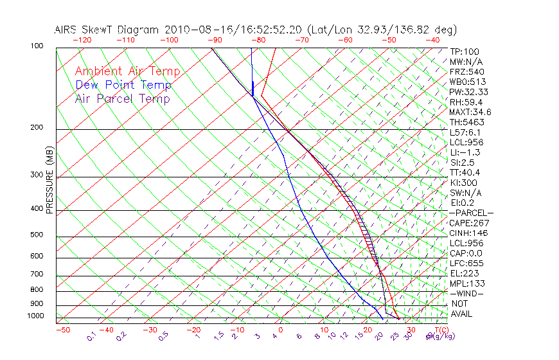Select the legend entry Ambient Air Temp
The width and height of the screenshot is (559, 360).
tap(127, 71)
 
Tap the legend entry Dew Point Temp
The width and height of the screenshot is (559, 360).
tap(123, 85)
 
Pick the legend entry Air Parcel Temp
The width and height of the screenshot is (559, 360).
tap(122, 98)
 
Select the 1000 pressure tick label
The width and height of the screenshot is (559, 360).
tap(37, 316)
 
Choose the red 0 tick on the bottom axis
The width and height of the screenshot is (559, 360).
tap(281, 330)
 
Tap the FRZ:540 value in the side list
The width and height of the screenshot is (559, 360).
tap(466, 71)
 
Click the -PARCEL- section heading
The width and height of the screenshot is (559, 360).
tap(471, 213)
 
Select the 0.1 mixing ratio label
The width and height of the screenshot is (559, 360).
tap(91, 336)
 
